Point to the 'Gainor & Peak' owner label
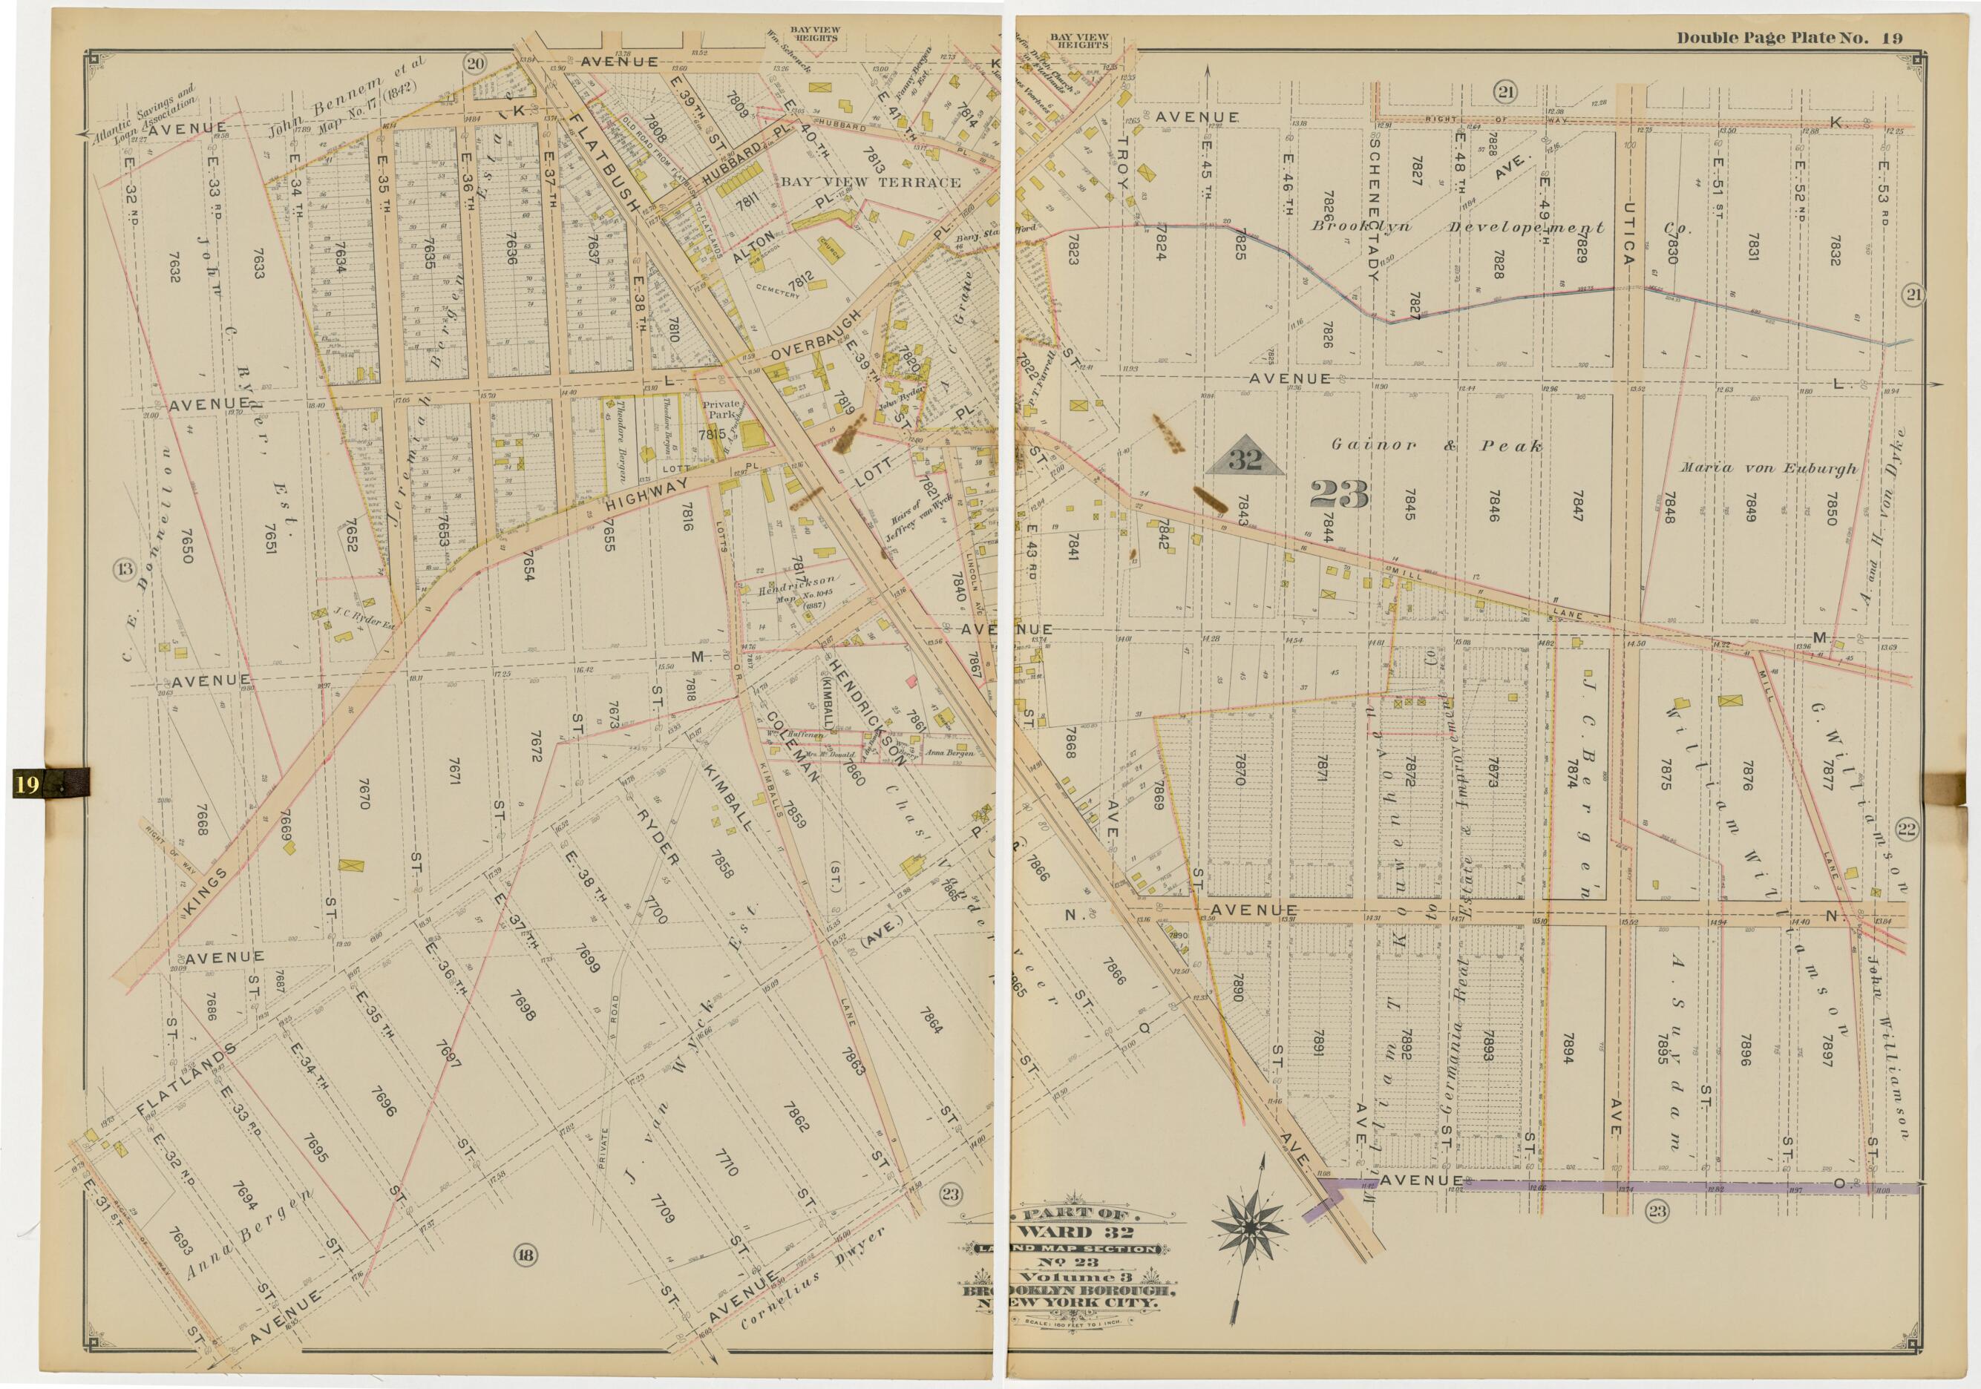point(1435,446)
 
